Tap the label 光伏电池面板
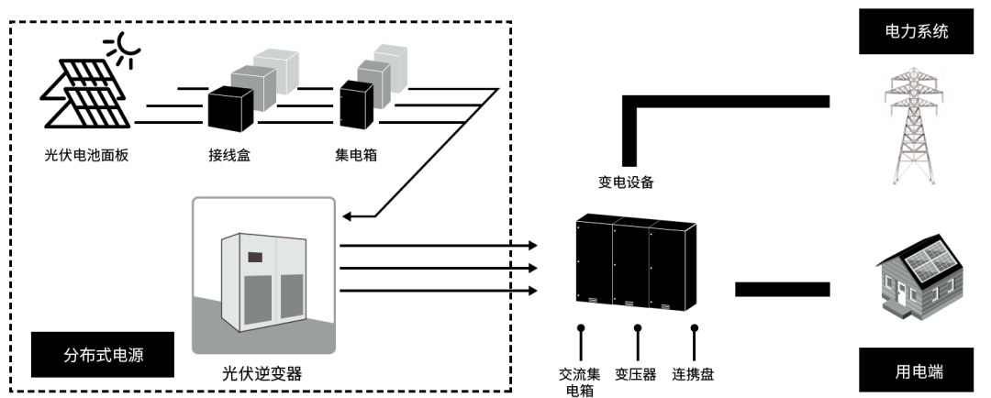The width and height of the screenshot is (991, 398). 86,155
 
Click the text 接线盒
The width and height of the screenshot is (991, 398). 228,155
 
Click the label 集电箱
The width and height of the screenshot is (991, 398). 356,155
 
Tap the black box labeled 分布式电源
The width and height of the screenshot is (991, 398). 102,354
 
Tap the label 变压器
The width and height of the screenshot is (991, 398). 635,374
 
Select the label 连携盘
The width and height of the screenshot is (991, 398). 693,374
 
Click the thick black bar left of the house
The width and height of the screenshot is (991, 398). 783,290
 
